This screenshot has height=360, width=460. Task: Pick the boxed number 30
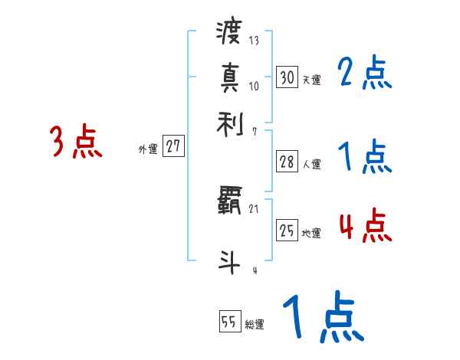click(x=287, y=77)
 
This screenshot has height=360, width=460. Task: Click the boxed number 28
click(x=287, y=162)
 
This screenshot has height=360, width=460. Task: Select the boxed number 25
click(x=287, y=231)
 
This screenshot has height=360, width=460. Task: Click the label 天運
click(x=311, y=80)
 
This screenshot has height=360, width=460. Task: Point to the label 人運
click(x=311, y=164)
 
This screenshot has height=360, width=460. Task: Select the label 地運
click(x=311, y=234)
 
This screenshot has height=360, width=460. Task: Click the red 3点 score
click(x=76, y=142)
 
